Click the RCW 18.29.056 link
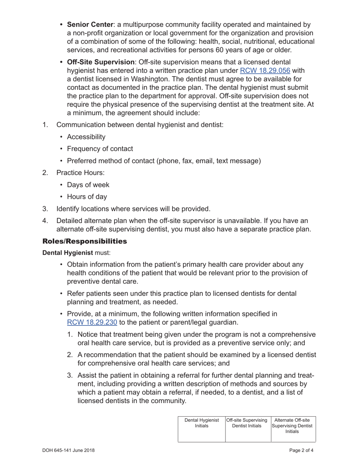pyautogui.click(x=265, y=70)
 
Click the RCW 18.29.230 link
pyautogui.click(x=92, y=322)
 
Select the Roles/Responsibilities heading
pyautogui.click(x=85, y=241)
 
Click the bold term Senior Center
pyautogui.click(x=89, y=25)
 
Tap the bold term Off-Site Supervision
pyautogui.click(x=101, y=62)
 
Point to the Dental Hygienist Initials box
pyautogui.click(x=202, y=429)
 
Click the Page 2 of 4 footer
pyautogui.click(x=301, y=450)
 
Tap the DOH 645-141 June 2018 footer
pyautogui.click(x=69, y=450)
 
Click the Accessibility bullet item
pyautogui.click(x=86, y=137)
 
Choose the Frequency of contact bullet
pyautogui.click(x=100, y=149)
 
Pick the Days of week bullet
pyautogui.click(x=88, y=185)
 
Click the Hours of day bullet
pyautogui.click(x=87, y=197)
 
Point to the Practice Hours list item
pyautogui.click(x=80, y=173)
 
